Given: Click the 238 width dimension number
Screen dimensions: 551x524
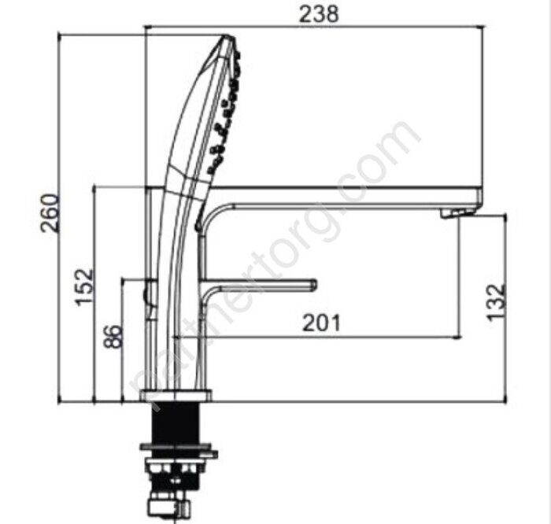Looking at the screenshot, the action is [319, 14].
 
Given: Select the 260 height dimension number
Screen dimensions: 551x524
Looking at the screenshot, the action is [50, 213].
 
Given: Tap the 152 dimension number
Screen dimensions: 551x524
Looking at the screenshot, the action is [85, 286].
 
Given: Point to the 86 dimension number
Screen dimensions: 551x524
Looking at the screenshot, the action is [114, 337].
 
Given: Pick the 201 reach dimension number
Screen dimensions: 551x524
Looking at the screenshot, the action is [321, 323].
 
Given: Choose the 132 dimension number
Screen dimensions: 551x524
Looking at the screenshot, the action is [497, 302].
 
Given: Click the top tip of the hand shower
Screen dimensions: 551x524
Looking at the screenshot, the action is [227, 35].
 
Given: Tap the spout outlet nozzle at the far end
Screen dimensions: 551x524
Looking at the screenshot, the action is [456, 213].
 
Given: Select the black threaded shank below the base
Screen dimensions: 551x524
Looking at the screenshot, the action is [176, 423].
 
